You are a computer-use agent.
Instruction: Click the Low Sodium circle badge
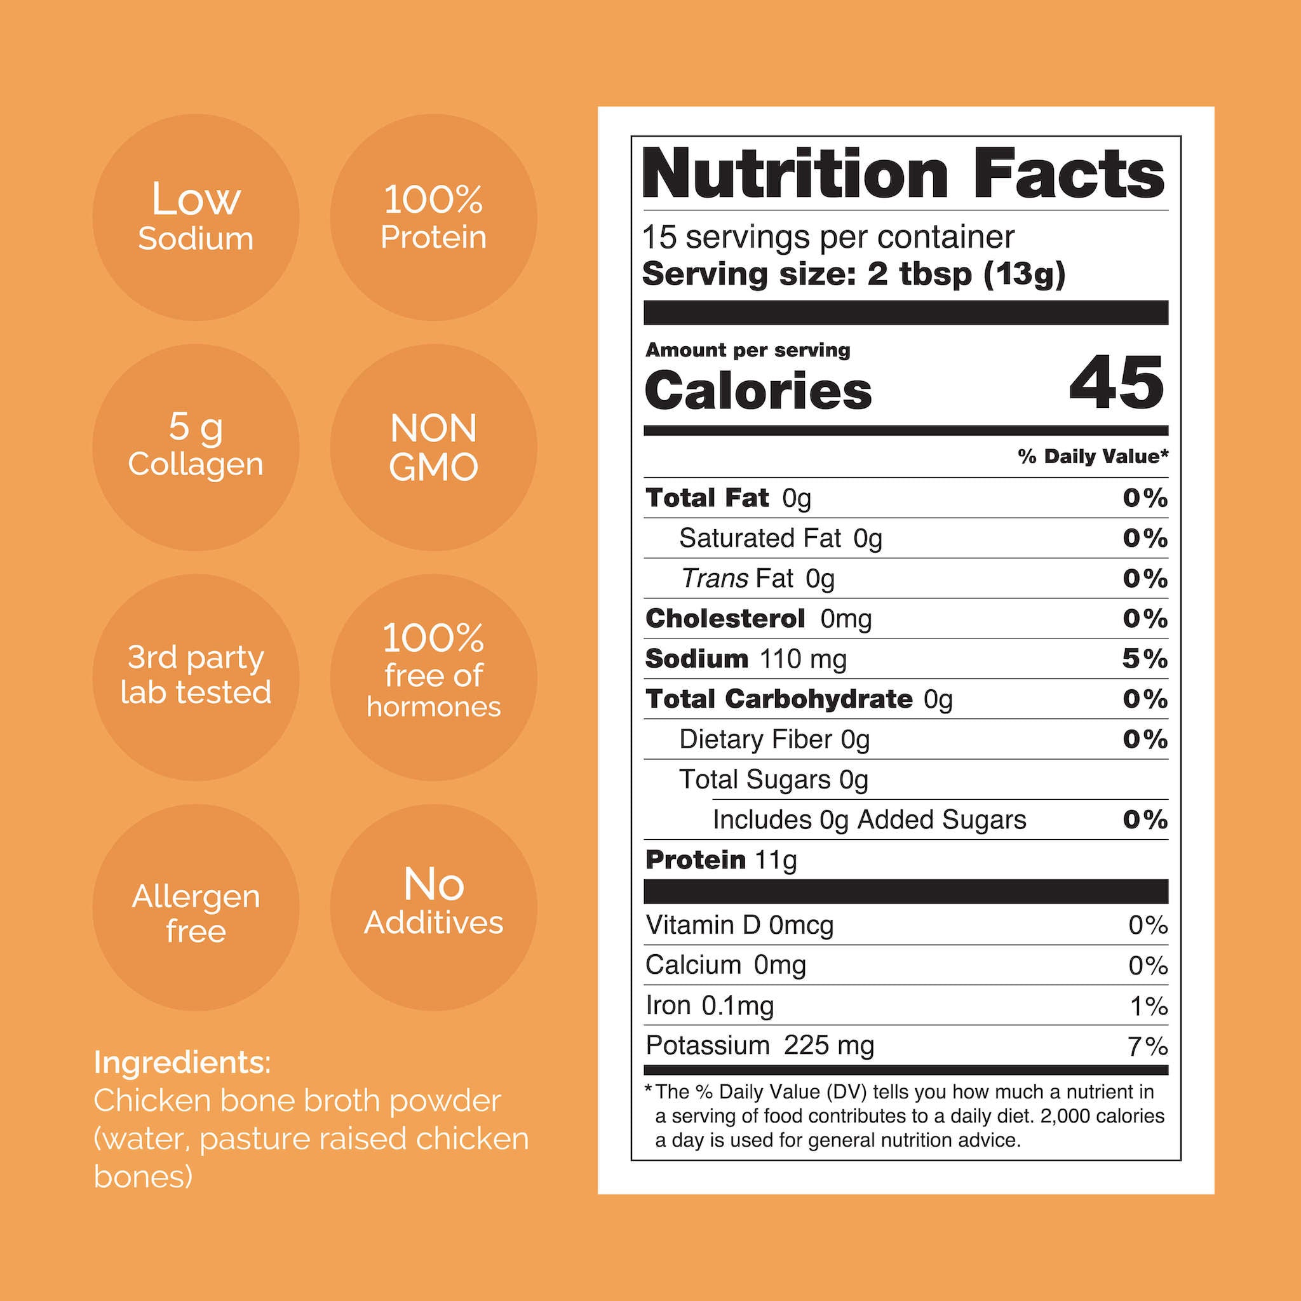point(195,217)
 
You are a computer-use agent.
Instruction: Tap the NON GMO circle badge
point(433,447)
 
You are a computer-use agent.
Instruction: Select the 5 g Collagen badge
point(195,447)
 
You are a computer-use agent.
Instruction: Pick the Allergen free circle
point(195,907)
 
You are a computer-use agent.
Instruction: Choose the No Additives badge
point(433,907)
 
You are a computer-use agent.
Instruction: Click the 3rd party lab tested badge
point(195,677)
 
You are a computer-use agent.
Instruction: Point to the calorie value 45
point(1116,384)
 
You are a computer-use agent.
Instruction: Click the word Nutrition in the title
point(795,173)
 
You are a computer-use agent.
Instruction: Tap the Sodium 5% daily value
point(1144,659)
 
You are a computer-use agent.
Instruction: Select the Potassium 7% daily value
point(1147,1046)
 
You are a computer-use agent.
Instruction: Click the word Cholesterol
point(725,618)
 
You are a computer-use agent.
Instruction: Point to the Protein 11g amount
point(776,860)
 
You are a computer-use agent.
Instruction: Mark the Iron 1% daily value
point(1148,1006)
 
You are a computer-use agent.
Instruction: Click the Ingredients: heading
point(182,1062)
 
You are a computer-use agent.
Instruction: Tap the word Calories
point(758,391)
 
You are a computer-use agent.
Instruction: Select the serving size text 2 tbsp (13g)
point(966,274)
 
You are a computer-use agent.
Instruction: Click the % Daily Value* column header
point(1092,457)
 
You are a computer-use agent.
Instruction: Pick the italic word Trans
point(714,578)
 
